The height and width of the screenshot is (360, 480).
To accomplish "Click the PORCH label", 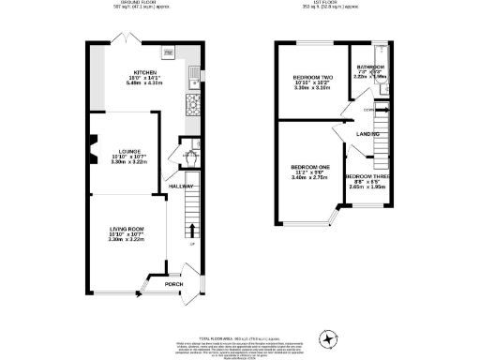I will (173, 284).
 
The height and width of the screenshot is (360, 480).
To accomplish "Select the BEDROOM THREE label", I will (366, 176).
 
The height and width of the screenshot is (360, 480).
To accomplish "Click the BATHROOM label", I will (370, 67).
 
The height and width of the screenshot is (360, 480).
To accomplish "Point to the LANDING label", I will (367, 134).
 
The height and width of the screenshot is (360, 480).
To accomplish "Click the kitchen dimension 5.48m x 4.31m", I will (143, 82).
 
